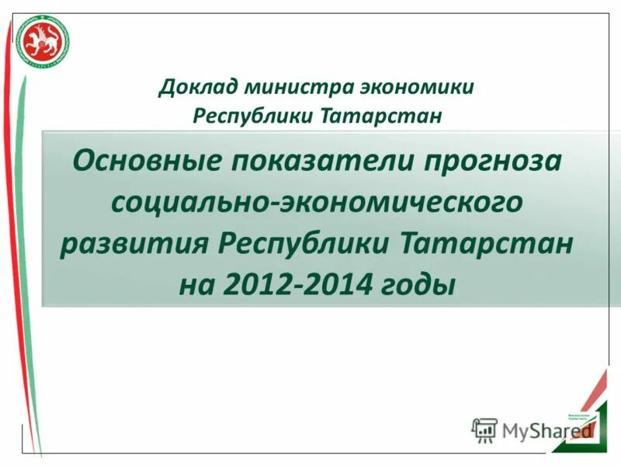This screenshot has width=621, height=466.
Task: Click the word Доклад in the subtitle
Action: (196, 86)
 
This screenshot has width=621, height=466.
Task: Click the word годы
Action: (418, 287)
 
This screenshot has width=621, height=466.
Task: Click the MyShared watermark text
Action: (546, 429)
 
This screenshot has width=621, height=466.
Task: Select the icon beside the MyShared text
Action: (484, 429)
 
